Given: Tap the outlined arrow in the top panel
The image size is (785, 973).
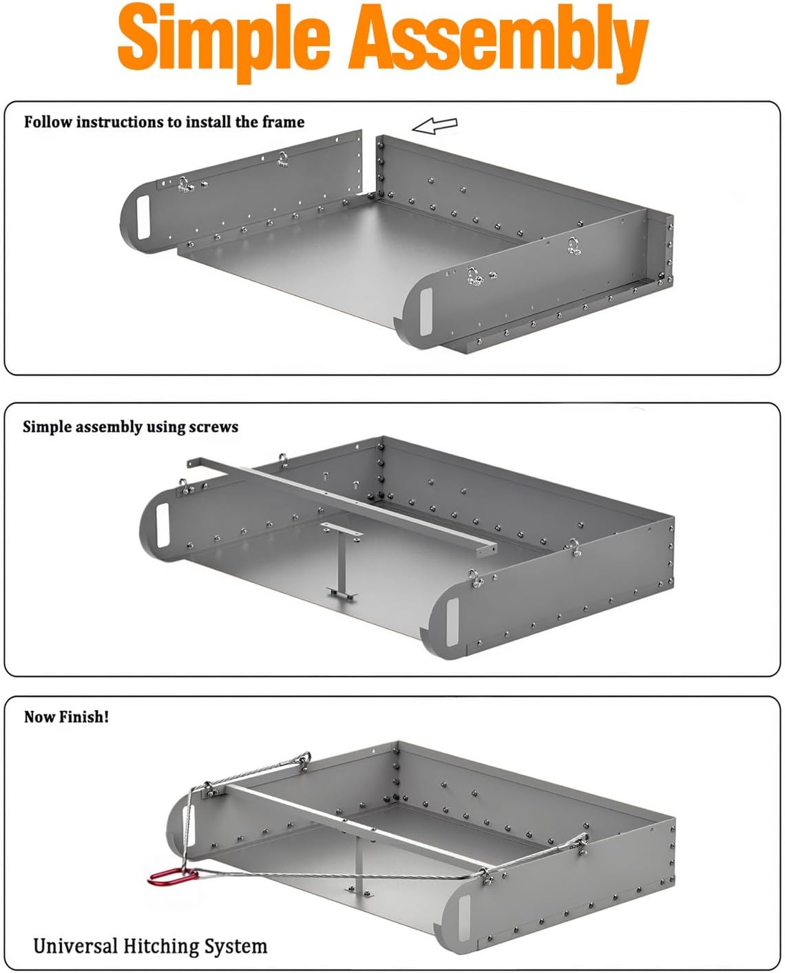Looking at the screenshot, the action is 435,125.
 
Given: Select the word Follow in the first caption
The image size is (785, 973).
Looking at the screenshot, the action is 47,122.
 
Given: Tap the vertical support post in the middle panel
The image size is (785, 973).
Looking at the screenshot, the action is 342,564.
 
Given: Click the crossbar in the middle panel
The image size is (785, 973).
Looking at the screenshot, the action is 341,506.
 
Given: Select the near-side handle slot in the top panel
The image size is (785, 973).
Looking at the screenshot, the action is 426,311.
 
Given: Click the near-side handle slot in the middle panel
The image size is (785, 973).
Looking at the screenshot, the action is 453,621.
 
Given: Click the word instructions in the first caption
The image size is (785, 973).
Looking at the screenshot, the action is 121,122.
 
